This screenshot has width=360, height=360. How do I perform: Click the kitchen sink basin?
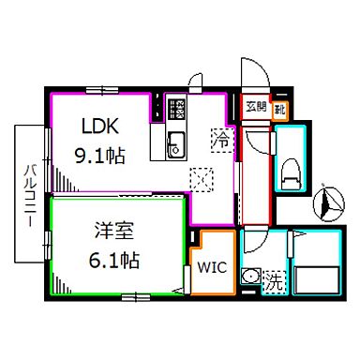click(x=174, y=146)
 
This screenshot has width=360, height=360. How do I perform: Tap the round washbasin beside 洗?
click(x=250, y=277)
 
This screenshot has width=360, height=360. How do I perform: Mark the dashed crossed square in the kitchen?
click(x=200, y=176)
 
